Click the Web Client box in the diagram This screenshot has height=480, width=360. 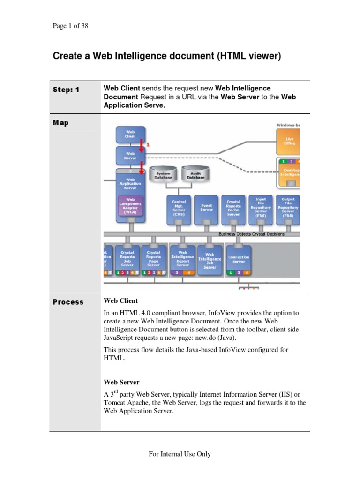pyautogui.click(x=130, y=135)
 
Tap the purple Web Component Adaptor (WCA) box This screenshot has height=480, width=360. pyautogui.click(x=130, y=205)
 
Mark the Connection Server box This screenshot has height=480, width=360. pyautogui.click(x=239, y=259)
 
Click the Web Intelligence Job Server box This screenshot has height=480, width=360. pyautogui.click(x=210, y=259)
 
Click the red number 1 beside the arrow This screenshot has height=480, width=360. pyautogui.click(x=148, y=145)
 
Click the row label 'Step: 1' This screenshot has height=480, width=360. pyautogui.click(x=66, y=90)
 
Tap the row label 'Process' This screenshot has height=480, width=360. pyautogui.click(x=68, y=302)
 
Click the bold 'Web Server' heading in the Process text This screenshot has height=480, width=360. pyautogui.click(x=121, y=382)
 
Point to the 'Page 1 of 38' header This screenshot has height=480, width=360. pyautogui.click(x=70, y=26)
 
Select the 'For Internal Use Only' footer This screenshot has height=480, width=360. pyautogui.click(x=180, y=454)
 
